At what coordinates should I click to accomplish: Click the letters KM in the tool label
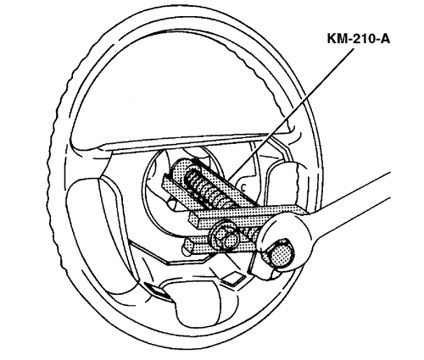pos(337,38)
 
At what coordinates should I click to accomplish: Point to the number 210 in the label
pos(361,38)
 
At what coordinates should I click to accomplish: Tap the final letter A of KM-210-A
pos(384,38)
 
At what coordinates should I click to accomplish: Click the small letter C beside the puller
pos(243,186)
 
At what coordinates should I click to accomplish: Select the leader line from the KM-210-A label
pos(290,114)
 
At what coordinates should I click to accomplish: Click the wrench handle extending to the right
pos(354,203)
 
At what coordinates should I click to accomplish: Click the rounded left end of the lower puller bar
pos(189,245)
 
